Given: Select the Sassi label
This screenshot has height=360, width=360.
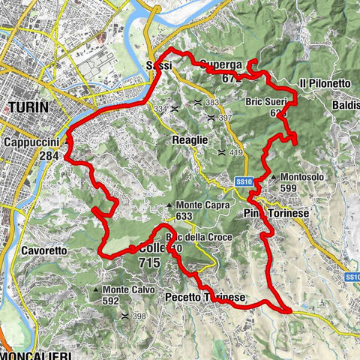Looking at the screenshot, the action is tap(159, 67).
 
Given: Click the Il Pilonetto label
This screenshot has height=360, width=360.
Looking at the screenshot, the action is tap(324, 82).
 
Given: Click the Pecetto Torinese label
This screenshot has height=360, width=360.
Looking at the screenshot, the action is tap(205, 298).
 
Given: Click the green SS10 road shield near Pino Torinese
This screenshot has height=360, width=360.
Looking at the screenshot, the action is tap(241, 181).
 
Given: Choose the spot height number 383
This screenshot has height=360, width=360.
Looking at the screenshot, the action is tap(212, 103).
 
